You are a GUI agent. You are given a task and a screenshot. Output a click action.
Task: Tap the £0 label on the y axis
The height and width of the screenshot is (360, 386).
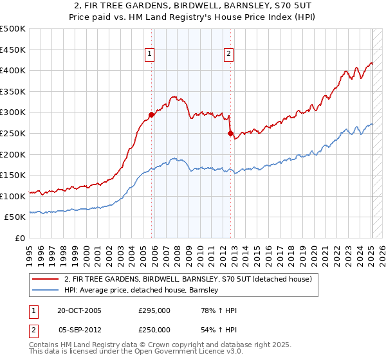(x=21, y=238)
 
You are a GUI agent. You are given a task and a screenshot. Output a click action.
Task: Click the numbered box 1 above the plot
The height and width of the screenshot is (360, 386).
(x=150, y=55)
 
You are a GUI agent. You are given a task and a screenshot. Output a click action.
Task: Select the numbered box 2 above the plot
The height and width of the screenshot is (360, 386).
(x=228, y=55)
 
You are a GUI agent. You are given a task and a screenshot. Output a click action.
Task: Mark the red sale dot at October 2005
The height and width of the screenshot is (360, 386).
(x=152, y=114)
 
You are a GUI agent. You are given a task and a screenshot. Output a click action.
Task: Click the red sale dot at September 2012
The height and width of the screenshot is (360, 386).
(x=230, y=134)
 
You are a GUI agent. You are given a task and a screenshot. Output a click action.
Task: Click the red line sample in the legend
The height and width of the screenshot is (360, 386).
(x=46, y=279)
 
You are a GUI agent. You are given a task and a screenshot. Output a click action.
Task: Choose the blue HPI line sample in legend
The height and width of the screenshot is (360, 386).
(x=46, y=290)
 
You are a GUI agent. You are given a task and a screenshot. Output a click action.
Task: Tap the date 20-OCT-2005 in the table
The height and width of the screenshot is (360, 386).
(x=79, y=310)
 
